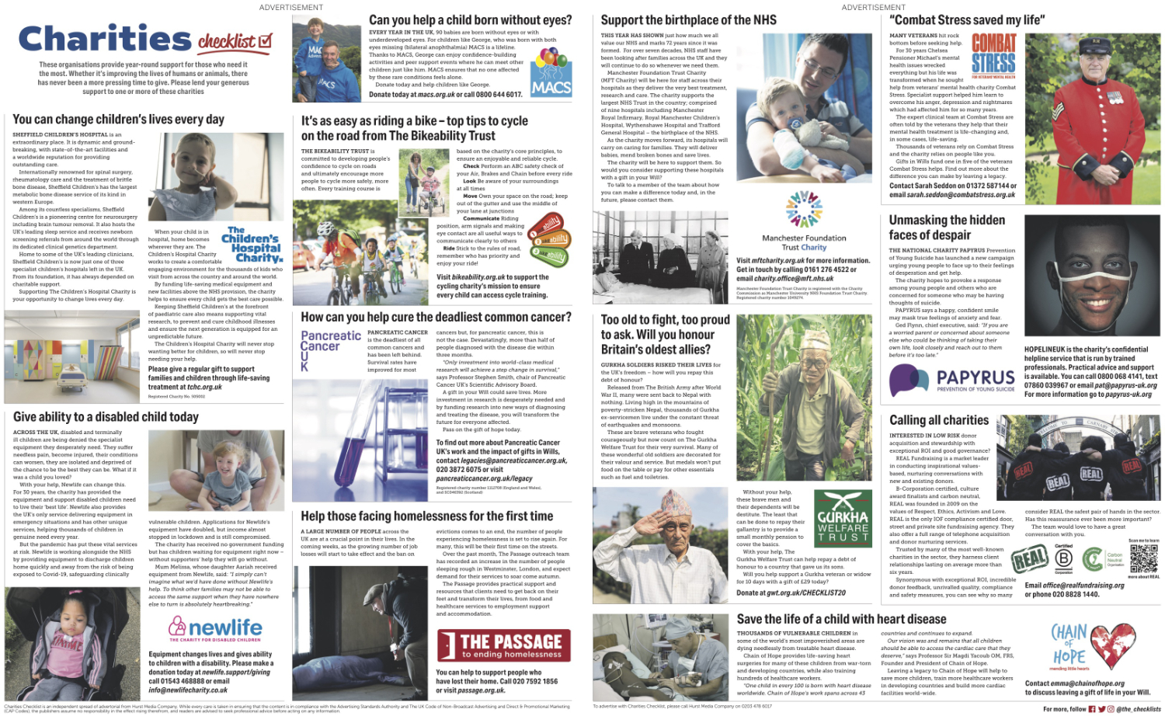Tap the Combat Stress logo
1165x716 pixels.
(x=993, y=55)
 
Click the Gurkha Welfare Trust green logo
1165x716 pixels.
(x=843, y=516)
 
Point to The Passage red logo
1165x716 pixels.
(x=503, y=645)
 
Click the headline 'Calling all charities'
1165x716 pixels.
(x=939, y=420)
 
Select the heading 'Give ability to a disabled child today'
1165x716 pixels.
(x=106, y=417)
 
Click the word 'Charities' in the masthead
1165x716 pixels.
(x=104, y=39)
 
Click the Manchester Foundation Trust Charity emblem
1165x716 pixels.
(x=804, y=209)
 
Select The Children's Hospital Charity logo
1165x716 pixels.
(x=253, y=244)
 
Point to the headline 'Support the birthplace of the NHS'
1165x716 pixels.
(x=688, y=20)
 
